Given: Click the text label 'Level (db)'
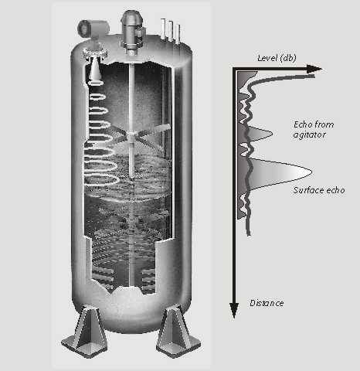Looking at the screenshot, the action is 277,58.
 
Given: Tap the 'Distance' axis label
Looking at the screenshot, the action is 267,303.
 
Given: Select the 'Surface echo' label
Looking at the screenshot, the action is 319,190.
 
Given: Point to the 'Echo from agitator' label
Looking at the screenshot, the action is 314,130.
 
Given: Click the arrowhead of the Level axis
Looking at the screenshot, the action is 314,69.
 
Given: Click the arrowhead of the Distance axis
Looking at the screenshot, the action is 234,310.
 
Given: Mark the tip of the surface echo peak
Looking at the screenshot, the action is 312,172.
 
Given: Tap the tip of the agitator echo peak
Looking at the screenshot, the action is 273,133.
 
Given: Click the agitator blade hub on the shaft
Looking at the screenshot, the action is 132,134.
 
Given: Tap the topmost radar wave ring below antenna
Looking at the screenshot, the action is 96,83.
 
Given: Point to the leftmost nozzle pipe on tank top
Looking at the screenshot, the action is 163,29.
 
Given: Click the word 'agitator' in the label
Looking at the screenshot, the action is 310,134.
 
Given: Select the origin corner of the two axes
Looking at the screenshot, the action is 234,69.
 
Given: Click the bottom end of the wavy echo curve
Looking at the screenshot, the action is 249,234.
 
